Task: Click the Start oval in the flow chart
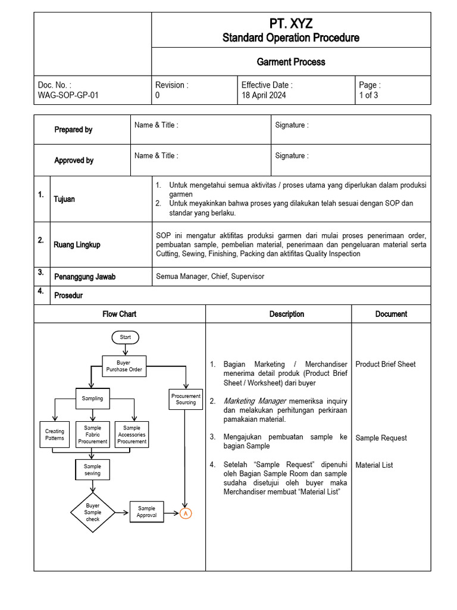125,337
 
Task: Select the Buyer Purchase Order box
124,366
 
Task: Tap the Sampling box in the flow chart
92,399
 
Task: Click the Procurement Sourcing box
186,399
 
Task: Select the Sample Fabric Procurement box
92,434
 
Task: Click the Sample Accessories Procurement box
132,434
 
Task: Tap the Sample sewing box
92,469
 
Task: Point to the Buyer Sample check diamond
92,512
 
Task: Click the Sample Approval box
146,512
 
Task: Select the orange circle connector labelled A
186,513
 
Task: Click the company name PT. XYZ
290,24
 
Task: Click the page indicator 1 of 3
368,95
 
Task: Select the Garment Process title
290,62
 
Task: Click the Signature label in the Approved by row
292,156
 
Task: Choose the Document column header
391,314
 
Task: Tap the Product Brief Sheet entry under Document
385,364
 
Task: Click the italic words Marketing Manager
250,401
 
